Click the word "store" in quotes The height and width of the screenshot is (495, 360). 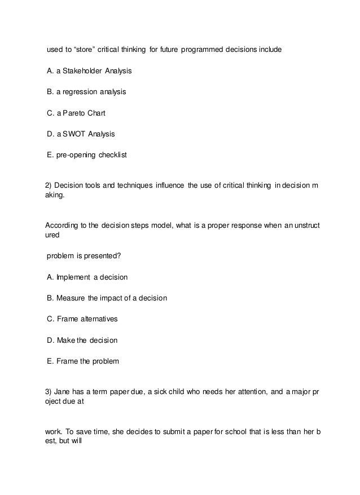[83, 50]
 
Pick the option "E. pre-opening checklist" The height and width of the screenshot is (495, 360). [87, 154]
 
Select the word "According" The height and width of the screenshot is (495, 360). [60, 226]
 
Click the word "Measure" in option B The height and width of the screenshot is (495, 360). [71, 298]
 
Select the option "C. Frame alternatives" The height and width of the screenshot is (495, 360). [82, 319]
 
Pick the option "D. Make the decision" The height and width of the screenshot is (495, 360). [82, 340]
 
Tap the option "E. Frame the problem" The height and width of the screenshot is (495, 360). [82, 361]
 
